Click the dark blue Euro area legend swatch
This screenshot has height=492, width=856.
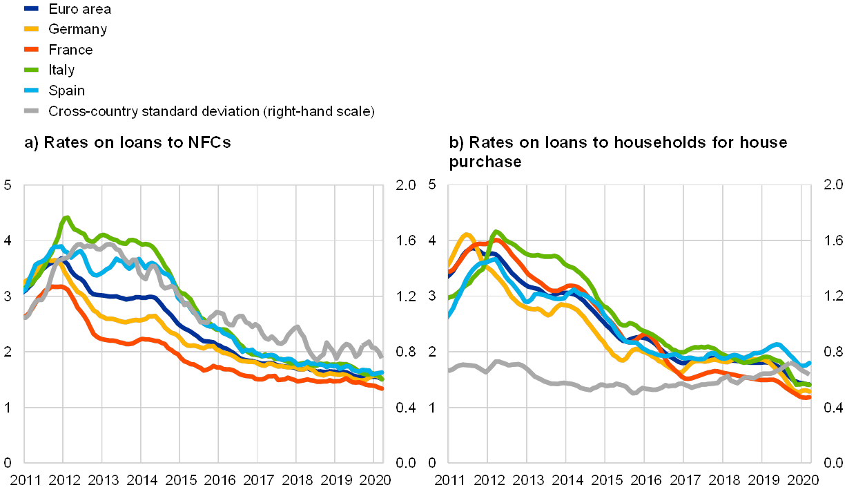tap(31, 9)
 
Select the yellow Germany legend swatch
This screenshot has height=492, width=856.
tap(31, 29)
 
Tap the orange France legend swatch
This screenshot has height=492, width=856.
tap(31, 49)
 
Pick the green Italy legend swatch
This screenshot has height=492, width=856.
tap(31, 70)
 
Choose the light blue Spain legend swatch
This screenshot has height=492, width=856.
tap(31, 90)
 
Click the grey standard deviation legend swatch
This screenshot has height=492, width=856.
tap(31, 111)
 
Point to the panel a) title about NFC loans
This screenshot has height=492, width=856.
tap(128, 143)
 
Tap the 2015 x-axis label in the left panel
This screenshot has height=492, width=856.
tap(180, 479)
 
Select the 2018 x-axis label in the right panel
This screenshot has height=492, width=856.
tap(722, 479)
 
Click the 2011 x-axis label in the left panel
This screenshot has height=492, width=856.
tap(25, 479)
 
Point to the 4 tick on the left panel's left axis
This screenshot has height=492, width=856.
tap(8, 240)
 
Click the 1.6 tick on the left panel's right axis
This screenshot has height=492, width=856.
tap(406, 240)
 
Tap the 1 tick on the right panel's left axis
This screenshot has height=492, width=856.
tap(432, 407)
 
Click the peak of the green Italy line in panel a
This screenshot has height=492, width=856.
tap(66, 218)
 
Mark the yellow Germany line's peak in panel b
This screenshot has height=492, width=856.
tap(466, 235)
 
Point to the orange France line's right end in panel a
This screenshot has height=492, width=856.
tap(382, 388)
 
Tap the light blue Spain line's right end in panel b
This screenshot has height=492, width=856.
tap(809, 362)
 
